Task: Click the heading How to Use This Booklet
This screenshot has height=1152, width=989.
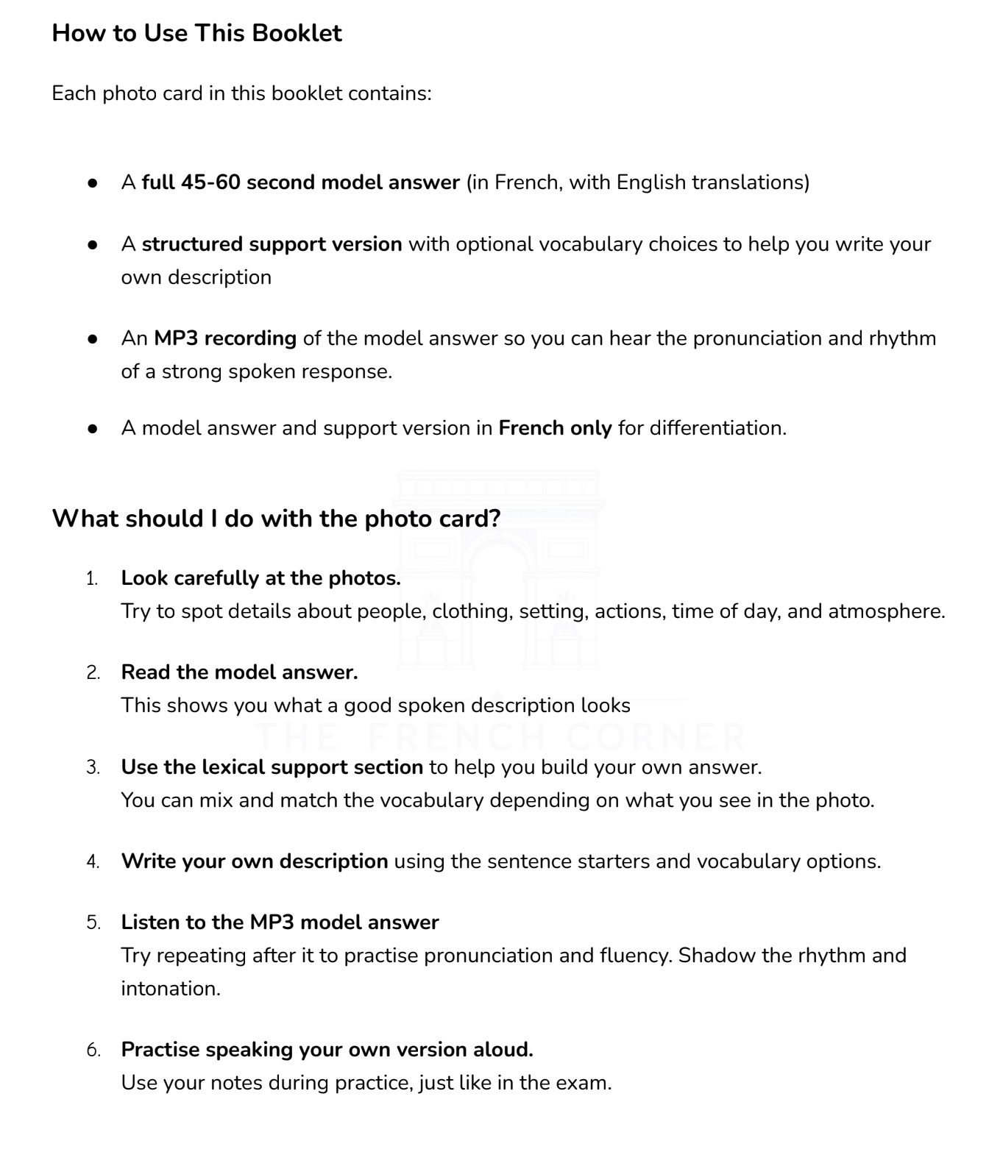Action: coord(196,33)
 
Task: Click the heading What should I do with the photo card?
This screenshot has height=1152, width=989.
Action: coord(276,519)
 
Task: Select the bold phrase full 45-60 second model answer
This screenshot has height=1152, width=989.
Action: coord(300,182)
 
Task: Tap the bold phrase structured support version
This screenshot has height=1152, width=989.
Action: coord(272,244)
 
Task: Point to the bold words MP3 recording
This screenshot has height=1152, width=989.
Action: coord(225,338)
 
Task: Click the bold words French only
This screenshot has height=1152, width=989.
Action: coord(555,428)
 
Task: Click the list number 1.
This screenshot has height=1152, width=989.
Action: coord(92,579)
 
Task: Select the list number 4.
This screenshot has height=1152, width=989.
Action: coord(93,861)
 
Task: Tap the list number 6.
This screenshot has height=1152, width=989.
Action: coord(93,1050)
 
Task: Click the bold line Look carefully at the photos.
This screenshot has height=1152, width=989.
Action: coord(260,578)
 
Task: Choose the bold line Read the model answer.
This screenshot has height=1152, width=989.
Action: coord(239,672)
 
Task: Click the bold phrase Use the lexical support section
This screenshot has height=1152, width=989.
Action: coord(272,767)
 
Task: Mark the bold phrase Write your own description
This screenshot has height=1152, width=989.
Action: coord(254,861)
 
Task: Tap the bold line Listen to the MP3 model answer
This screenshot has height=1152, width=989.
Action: coord(280,922)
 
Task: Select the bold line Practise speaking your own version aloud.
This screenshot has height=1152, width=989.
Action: coord(327,1050)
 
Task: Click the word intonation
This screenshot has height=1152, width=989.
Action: coord(170,989)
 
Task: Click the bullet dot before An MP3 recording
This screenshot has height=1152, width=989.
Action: coord(93,339)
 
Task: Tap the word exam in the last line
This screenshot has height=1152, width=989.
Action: coord(585,1083)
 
